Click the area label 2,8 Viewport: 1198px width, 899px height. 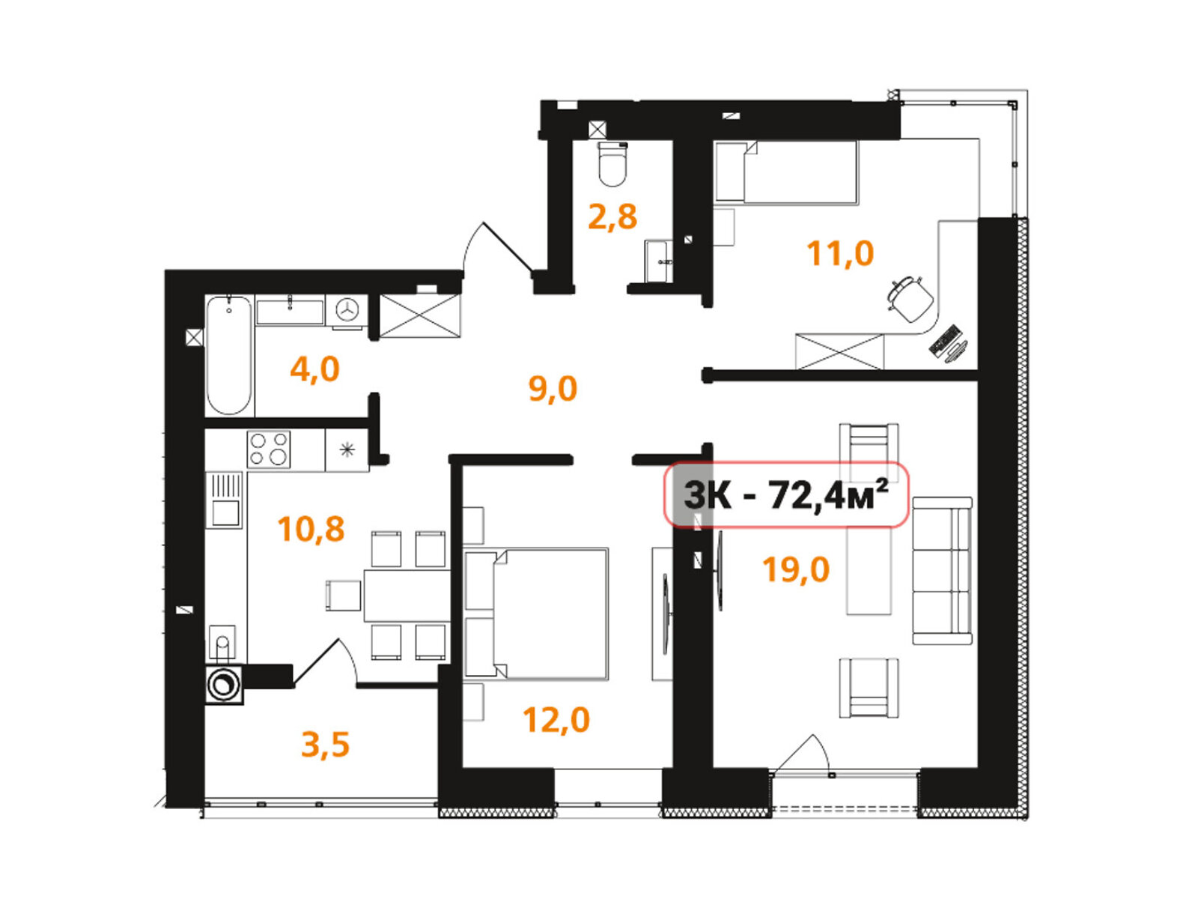point(612,217)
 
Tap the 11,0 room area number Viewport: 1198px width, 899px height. point(840,253)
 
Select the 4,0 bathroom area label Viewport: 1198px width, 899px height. point(314,369)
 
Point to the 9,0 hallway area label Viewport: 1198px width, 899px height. point(553,389)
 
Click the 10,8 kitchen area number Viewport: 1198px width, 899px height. point(311,528)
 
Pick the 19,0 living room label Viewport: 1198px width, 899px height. point(796,569)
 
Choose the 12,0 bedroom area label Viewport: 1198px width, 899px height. point(556,719)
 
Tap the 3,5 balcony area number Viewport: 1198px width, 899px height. point(325,745)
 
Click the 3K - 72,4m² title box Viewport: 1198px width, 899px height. point(786,494)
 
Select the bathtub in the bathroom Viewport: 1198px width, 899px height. point(229,355)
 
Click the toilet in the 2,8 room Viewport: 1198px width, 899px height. point(612,164)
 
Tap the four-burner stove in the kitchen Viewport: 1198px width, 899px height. point(268,449)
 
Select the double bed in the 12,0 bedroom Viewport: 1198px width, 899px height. point(535,614)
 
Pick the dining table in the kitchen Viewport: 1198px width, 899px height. point(407,595)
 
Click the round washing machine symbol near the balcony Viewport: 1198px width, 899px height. point(224,685)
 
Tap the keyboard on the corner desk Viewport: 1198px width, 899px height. point(946,341)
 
